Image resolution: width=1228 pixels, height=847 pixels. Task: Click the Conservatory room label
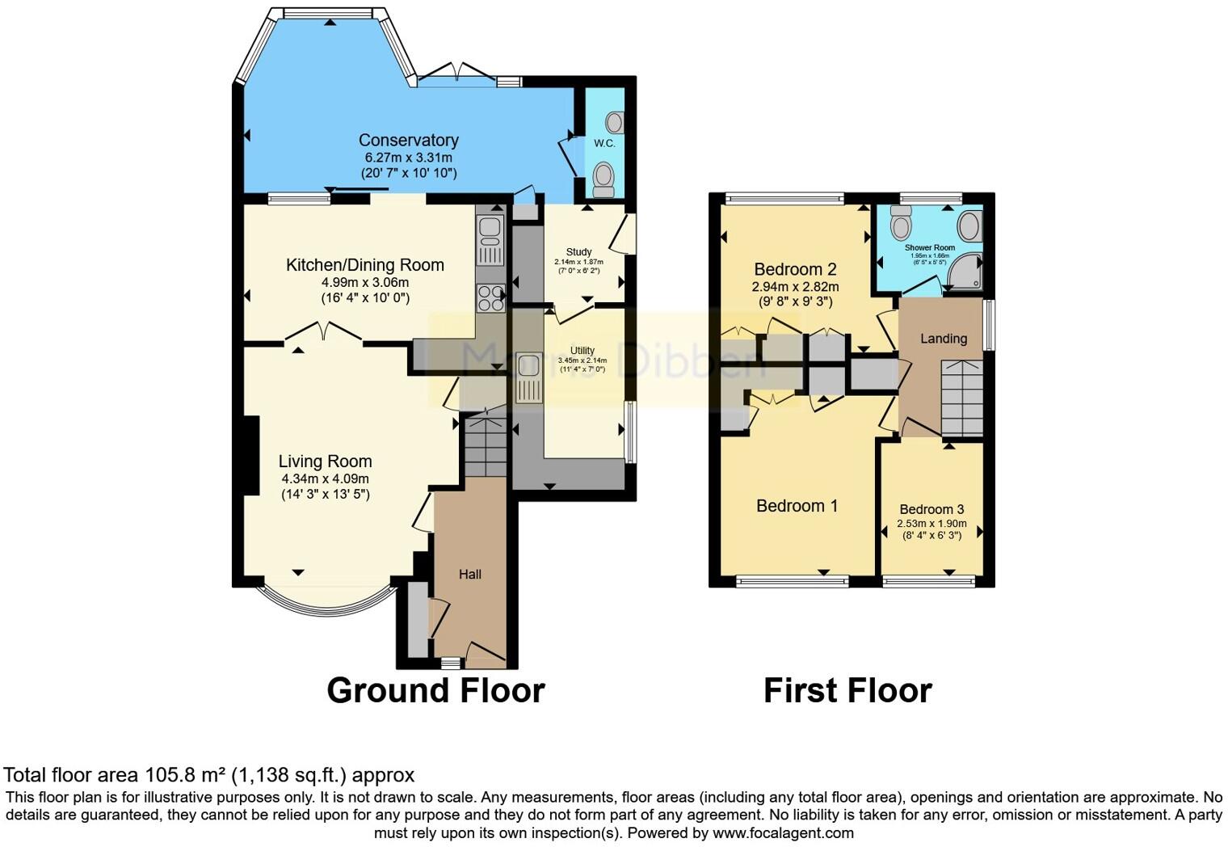pyautogui.click(x=408, y=141)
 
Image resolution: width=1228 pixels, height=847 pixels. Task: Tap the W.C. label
pyautogui.click(x=604, y=143)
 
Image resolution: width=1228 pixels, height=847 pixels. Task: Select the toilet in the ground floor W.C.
pyautogui.click(x=603, y=179)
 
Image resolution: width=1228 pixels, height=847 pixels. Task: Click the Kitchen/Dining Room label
pyautogui.click(x=364, y=265)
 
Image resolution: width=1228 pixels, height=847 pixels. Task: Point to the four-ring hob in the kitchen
pyautogui.click(x=490, y=297)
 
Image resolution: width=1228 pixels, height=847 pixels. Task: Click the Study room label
pyautogui.click(x=578, y=252)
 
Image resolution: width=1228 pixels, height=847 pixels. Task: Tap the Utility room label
pyautogui.click(x=582, y=351)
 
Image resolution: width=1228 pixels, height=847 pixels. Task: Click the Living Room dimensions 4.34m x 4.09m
pyautogui.click(x=325, y=478)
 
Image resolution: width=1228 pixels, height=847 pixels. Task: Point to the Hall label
pyautogui.click(x=469, y=575)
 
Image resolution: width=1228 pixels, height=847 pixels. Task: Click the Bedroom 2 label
pyautogui.click(x=795, y=270)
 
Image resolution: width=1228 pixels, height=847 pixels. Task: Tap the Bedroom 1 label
pyautogui.click(x=797, y=506)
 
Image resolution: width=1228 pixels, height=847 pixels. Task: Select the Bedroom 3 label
pyautogui.click(x=932, y=509)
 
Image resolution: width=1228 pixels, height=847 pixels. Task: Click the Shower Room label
pyautogui.click(x=929, y=247)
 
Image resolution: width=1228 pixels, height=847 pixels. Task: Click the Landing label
pyautogui.click(x=943, y=339)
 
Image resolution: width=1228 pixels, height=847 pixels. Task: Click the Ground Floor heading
pyautogui.click(x=435, y=691)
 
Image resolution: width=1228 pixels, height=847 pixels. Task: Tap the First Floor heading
pyautogui.click(x=847, y=691)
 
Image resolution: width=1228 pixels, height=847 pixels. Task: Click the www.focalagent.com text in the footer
pyautogui.click(x=783, y=832)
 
